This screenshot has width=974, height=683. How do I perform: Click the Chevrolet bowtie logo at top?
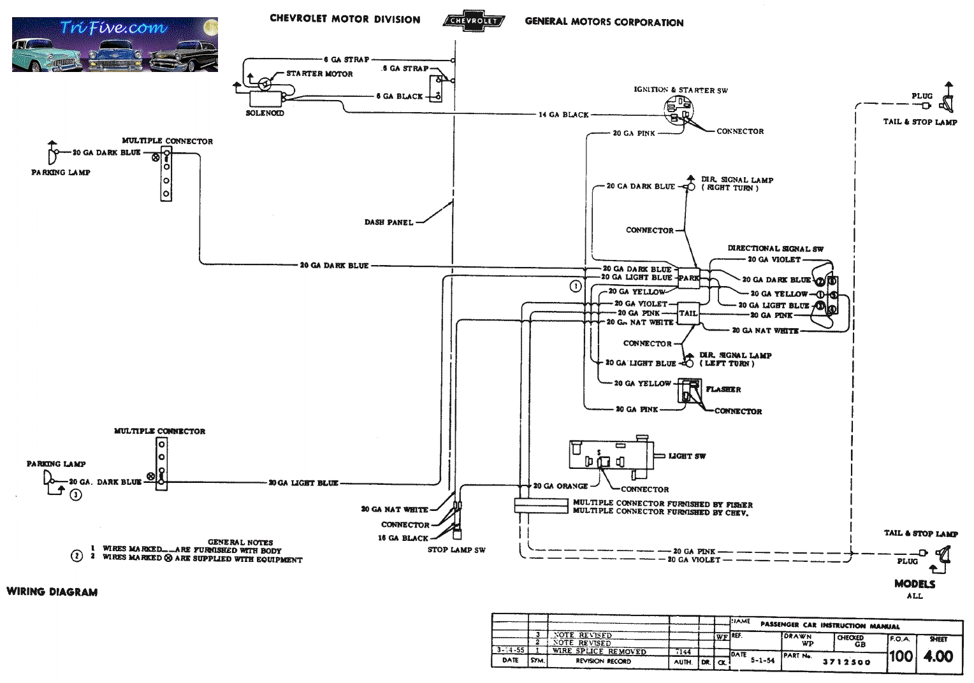(474, 20)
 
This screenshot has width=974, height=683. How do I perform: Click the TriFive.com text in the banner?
(113, 27)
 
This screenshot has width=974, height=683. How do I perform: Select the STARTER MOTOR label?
(319, 74)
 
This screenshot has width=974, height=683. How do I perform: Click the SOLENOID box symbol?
(265, 99)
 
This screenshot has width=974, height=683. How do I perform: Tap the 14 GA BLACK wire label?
(563, 115)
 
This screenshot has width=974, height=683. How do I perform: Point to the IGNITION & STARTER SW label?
(680, 90)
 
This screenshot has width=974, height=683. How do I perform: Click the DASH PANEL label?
(389, 222)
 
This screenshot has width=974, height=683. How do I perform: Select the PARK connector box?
(688, 278)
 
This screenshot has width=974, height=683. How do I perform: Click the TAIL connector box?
(688, 313)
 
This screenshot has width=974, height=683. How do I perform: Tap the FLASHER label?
(723, 389)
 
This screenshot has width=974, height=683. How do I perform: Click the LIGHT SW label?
(687, 456)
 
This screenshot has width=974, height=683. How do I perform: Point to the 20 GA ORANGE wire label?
(560, 486)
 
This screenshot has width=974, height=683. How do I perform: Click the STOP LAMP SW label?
(456, 550)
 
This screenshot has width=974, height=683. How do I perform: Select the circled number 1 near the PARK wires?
(576, 286)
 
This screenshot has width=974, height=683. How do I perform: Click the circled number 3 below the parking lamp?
(76, 495)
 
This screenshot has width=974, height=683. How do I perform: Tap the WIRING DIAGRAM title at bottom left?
(52, 592)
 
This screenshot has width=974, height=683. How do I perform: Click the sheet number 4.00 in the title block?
(938, 656)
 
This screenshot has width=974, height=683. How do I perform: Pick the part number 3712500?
(846, 662)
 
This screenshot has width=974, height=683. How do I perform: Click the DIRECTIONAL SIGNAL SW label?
(775, 248)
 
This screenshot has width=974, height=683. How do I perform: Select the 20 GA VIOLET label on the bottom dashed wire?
(694, 560)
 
